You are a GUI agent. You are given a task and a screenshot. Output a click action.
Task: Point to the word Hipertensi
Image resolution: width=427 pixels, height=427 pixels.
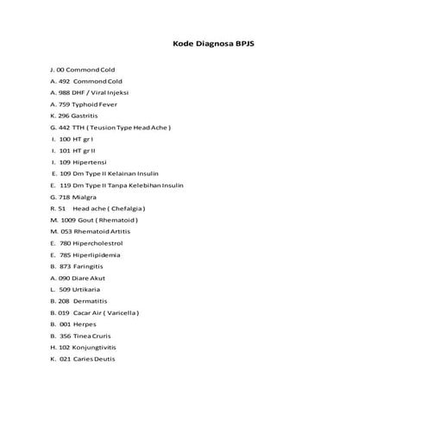point(91,162)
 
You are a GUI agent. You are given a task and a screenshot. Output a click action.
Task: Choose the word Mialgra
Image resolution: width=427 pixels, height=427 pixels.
point(85,197)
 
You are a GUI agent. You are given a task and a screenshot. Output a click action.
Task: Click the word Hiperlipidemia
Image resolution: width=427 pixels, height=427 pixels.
point(97,255)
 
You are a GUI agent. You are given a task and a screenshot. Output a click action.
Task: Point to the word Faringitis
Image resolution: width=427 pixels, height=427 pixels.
point(91,267)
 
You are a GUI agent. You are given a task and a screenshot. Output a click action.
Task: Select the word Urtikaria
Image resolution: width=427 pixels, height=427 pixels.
point(89,290)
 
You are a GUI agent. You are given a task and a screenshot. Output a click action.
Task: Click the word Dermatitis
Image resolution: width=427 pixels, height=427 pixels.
point(91,301)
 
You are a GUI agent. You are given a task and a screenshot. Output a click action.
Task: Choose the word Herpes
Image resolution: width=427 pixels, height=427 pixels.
point(85,324)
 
